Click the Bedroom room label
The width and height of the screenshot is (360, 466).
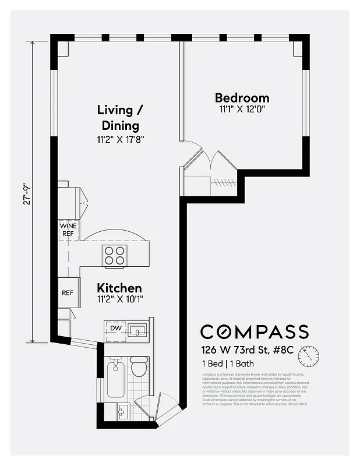[x=242, y=98]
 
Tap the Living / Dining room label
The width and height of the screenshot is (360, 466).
[x=120, y=117]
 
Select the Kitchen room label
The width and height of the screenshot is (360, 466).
[x=119, y=288]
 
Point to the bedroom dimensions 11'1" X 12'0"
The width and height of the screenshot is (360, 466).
[x=242, y=109]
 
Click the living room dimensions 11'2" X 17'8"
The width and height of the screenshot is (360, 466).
[x=120, y=139]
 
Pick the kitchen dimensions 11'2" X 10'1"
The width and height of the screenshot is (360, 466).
[x=119, y=299]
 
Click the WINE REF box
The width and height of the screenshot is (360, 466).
[x=68, y=230]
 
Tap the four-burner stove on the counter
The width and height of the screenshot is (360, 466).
[x=115, y=255]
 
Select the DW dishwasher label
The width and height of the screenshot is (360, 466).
[x=116, y=329]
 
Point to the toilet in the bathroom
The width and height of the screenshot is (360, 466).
[x=139, y=367]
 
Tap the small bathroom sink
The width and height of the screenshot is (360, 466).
[x=123, y=412]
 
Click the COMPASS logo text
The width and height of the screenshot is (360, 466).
[x=254, y=331]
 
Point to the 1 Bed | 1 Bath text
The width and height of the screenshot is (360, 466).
[x=228, y=364]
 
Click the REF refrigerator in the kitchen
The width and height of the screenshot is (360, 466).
[x=68, y=292]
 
